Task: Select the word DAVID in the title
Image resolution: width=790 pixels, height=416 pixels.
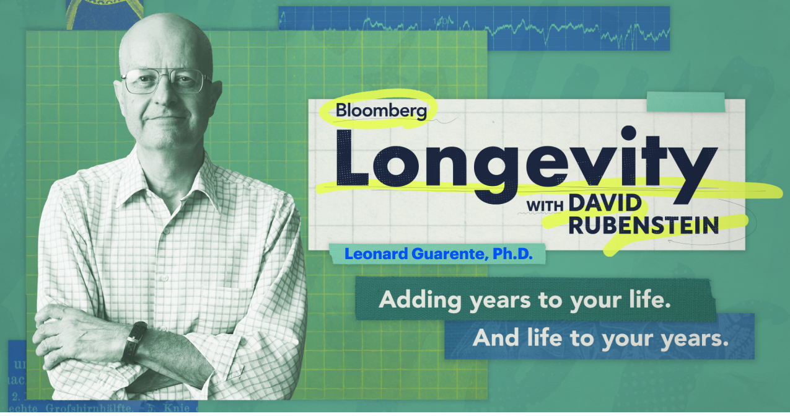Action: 604,203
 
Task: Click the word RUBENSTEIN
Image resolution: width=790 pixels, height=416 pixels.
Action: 643,226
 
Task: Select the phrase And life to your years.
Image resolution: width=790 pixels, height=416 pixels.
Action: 599,338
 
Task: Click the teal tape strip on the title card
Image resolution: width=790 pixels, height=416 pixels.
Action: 685,102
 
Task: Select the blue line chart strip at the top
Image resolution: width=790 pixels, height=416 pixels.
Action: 474,28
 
